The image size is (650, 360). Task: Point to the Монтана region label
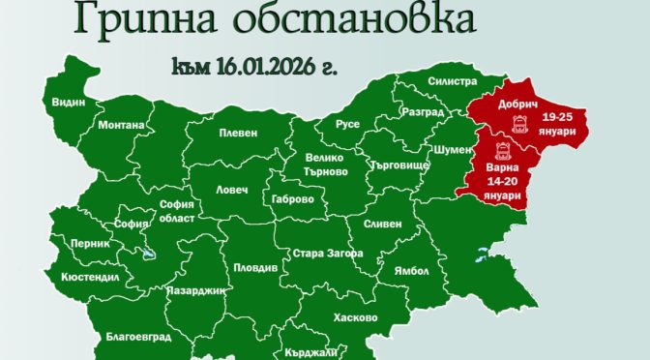tap(121, 125)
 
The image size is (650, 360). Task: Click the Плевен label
tap(236, 133)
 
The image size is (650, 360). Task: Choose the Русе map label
tap(347, 124)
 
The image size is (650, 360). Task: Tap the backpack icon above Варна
tap(501, 150)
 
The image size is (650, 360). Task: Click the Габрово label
tap(293, 198)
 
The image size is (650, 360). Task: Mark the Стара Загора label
tap(329, 254)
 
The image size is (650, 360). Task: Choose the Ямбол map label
tap(411, 271)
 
